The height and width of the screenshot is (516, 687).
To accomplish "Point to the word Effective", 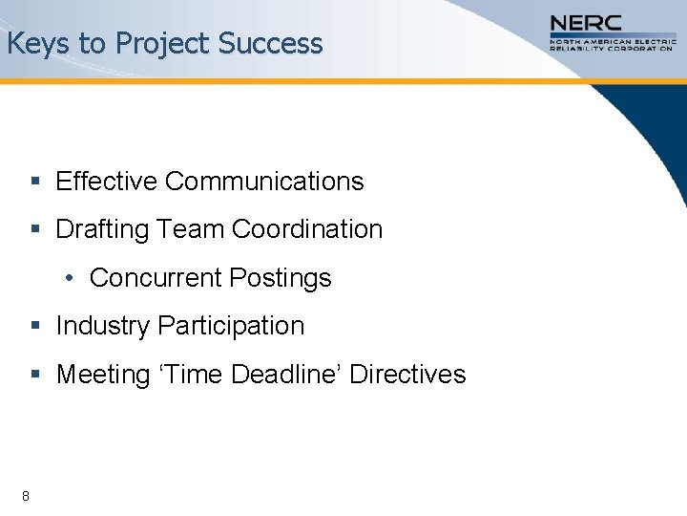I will click(x=107, y=181).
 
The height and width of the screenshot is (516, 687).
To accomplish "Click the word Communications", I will click(x=264, y=181).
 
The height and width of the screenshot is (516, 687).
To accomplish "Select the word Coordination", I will click(x=307, y=229).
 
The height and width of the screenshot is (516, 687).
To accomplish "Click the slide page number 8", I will click(x=25, y=495).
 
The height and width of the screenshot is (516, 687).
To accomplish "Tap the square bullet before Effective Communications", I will click(x=34, y=182).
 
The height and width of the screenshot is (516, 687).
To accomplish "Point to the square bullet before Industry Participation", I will click(x=34, y=327).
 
